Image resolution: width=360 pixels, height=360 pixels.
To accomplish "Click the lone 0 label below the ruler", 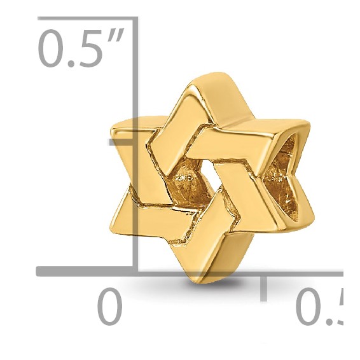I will [x=109, y=308].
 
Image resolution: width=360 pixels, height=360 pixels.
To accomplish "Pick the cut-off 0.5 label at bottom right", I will [x=322, y=308].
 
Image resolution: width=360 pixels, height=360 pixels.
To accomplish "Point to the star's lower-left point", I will [x=114, y=229].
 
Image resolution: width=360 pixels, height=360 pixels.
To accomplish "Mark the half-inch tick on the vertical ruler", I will [x=121, y=141].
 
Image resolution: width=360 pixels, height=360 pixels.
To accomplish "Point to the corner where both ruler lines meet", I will [x=135, y=272].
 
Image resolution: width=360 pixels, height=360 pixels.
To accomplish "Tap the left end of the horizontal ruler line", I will [x=39, y=272].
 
